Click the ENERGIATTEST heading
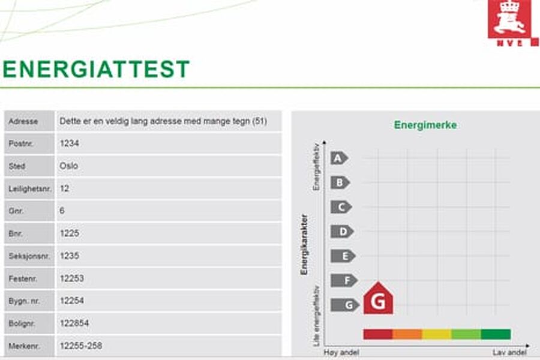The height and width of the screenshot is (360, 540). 96,70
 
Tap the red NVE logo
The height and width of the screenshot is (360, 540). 512,23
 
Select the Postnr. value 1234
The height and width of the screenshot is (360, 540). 70,143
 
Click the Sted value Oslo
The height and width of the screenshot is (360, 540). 69,166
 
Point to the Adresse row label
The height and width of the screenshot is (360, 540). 23,121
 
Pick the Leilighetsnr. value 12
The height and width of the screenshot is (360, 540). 65,188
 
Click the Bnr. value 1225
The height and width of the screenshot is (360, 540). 70,233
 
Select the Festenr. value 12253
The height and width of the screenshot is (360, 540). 72,278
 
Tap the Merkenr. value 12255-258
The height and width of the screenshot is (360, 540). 80,346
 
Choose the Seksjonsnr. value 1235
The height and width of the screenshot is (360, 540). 70,256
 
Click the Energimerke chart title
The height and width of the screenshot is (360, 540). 425,125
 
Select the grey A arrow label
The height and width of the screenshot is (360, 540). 339,158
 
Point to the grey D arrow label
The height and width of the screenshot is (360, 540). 342,232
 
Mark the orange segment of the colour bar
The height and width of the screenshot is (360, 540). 407,334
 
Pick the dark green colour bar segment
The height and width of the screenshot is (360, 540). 496,334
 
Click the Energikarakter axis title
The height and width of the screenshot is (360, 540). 304,244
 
